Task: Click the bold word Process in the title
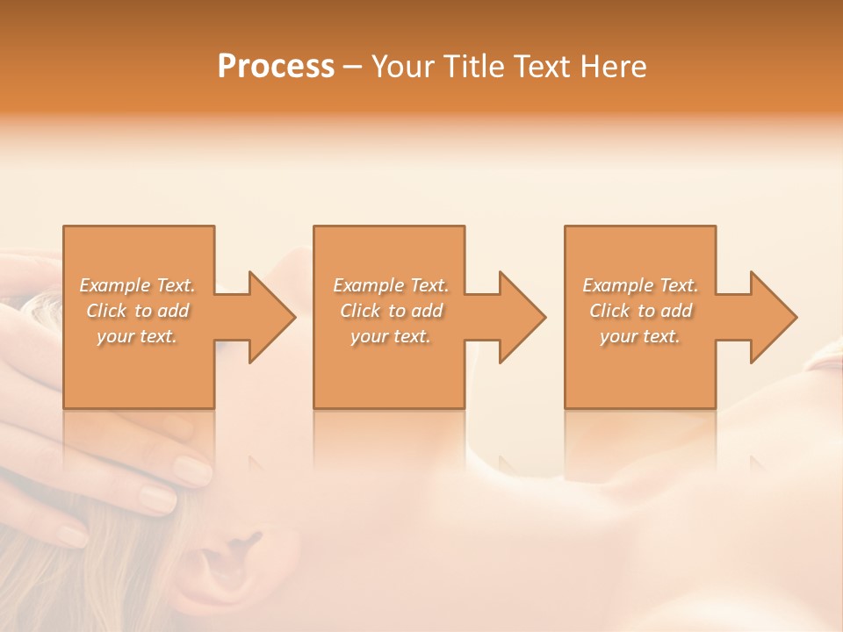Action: pyautogui.click(x=276, y=67)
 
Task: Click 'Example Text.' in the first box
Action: pyautogui.click(x=138, y=285)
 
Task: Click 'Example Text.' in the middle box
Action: pyautogui.click(x=391, y=285)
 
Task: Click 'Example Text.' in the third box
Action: pyautogui.click(x=640, y=285)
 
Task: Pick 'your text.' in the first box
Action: pyautogui.click(x=138, y=336)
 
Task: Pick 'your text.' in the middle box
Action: pyautogui.click(x=391, y=336)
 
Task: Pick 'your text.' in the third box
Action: pyautogui.click(x=640, y=336)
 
